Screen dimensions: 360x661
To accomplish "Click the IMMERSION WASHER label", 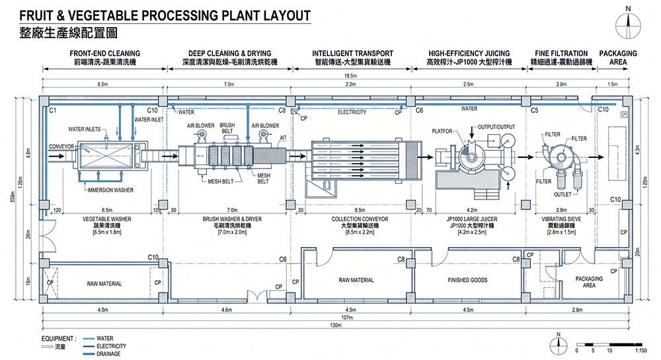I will pos(110,190).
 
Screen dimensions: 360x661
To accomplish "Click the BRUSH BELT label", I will pos(227,127).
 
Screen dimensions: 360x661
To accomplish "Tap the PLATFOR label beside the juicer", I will pos(442,131).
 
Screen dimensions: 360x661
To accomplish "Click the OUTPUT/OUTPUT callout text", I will pos(496,126).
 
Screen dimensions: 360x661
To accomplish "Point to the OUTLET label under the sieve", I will pos(563,194).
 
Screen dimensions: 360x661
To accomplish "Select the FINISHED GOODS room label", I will pos(467,280).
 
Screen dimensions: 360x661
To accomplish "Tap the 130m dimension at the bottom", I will pos(336,325).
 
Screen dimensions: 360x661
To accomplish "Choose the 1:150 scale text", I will pos(641,350).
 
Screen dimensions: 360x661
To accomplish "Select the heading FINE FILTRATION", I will pos(561,54).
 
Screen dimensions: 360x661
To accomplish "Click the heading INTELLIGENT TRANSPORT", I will pos(352,54).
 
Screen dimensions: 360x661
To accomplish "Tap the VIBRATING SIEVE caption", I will pos(561,219).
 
